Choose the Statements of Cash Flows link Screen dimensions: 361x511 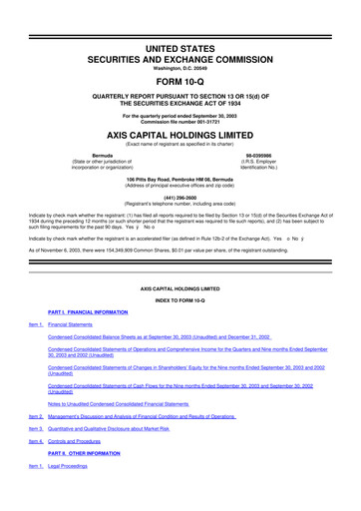pos(180,387)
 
